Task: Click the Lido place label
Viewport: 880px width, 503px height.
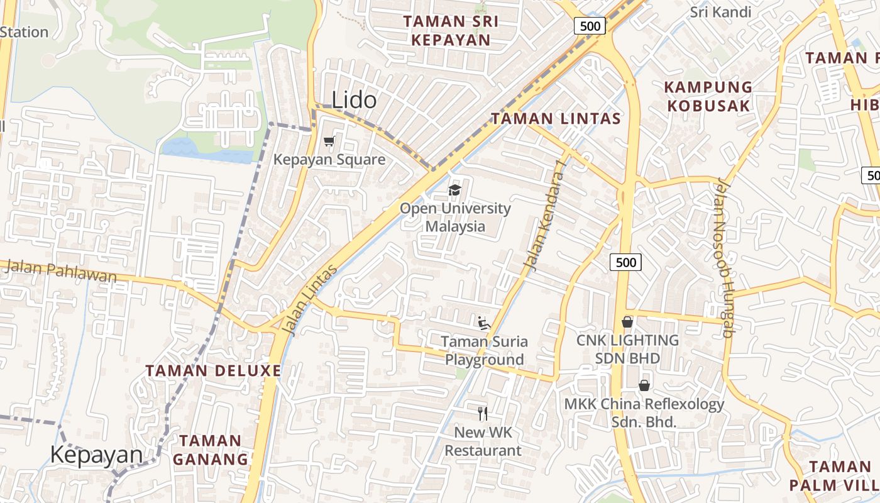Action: pyautogui.click(x=354, y=100)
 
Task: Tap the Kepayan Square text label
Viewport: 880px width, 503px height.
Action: pyautogui.click(x=329, y=160)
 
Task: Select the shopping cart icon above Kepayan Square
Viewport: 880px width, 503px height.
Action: pyautogui.click(x=329, y=141)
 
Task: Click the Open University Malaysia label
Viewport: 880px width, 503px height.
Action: pyautogui.click(x=455, y=217)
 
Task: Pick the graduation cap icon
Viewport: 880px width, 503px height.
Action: pyautogui.click(x=454, y=190)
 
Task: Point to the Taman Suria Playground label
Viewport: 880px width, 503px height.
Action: pyautogui.click(x=484, y=351)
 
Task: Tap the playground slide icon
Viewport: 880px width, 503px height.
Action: pyautogui.click(x=483, y=323)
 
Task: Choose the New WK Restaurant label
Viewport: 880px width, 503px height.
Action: pyautogui.click(x=483, y=441)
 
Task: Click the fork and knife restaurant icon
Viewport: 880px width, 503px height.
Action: pyautogui.click(x=483, y=414)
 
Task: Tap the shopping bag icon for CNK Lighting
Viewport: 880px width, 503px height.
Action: pyautogui.click(x=627, y=322)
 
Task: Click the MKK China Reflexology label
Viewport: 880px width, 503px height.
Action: pyautogui.click(x=644, y=412)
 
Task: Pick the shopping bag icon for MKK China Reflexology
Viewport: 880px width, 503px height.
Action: pyautogui.click(x=644, y=385)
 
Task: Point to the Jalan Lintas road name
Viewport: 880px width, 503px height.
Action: pyautogui.click(x=309, y=300)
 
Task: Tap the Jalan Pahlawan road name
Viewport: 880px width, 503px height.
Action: pyautogui.click(x=60, y=271)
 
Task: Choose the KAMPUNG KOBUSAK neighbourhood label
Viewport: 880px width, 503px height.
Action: pyautogui.click(x=708, y=96)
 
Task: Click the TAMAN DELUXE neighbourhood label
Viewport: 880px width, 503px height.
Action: pyautogui.click(x=213, y=370)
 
